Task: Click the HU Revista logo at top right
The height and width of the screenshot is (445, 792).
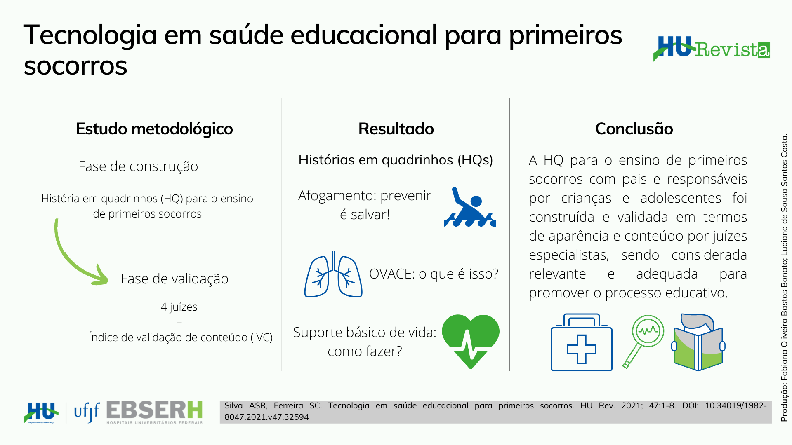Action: coord(712,49)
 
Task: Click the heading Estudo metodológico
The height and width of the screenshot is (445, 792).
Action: coord(154,129)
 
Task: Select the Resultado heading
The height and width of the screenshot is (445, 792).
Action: coord(396,129)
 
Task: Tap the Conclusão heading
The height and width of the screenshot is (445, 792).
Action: coord(634,129)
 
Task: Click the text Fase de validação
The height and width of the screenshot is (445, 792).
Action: coord(174,279)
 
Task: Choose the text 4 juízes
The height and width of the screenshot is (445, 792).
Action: coord(179,307)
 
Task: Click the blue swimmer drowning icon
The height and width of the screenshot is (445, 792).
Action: coord(470,207)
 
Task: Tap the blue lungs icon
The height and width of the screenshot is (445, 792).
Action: coord(333,274)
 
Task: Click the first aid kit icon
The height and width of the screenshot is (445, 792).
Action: coord(582,342)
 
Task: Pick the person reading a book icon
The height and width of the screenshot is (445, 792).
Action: coord(698,342)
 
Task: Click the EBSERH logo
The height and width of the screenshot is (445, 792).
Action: coord(155,412)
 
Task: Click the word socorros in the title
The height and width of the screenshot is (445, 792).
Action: coord(75,66)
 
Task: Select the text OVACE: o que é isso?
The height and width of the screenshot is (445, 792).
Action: coord(434,274)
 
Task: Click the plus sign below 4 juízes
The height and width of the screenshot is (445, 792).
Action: coord(179,322)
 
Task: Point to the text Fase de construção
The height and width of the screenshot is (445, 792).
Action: coord(138,166)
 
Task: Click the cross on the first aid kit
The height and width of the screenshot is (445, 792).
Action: coord(582,349)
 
